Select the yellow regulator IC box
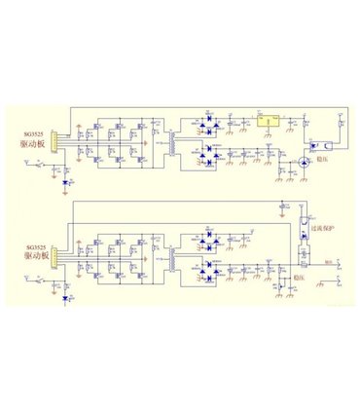tap(266, 120)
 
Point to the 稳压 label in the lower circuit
tap(314, 277)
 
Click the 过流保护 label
tap(324, 228)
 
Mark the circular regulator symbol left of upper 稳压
tap(302, 162)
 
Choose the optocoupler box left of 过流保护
tap(304, 229)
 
